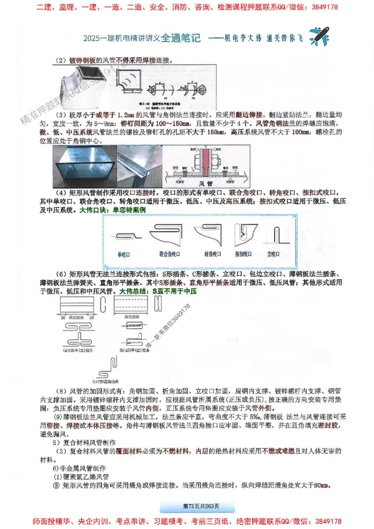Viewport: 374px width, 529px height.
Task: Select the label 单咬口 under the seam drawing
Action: tap(123, 254)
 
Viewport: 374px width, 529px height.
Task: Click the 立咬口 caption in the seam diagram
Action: tap(273, 254)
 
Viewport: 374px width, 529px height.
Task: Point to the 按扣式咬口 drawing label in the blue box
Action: tap(243, 254)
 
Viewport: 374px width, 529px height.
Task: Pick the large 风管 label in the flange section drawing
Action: tap(206, 184)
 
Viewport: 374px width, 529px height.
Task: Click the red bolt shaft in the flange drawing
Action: tap(206, 161)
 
